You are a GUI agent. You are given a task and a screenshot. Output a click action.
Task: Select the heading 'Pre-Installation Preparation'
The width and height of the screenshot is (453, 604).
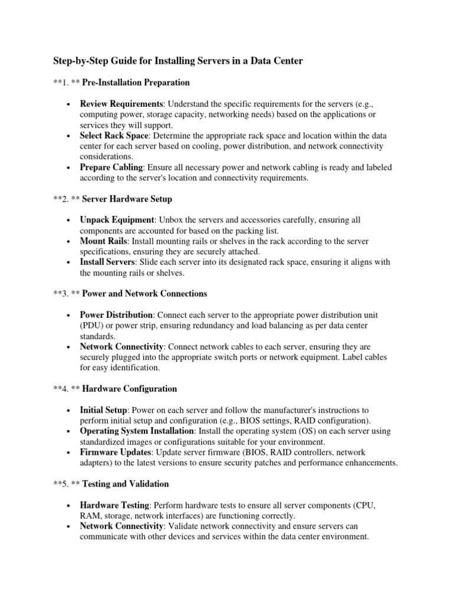click(x=136, y=82)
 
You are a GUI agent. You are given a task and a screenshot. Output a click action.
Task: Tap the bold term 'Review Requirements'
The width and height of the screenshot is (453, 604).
click(x=122, y=103)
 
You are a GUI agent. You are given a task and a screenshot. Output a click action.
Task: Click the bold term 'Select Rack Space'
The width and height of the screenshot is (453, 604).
click(x=114, y=135)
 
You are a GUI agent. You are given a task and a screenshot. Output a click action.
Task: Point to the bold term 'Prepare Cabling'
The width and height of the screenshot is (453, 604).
click(x=111, y=167)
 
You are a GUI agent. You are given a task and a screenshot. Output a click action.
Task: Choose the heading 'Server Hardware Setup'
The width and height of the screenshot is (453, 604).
click(x=127, y=199)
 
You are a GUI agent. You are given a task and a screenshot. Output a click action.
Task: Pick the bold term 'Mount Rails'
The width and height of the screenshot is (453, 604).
click(x=104, y=241)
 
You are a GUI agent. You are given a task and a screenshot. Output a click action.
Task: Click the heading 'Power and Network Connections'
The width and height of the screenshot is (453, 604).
click(x=145, y=293)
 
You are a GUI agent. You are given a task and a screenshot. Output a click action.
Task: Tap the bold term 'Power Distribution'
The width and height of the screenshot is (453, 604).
click(x=117, y=314)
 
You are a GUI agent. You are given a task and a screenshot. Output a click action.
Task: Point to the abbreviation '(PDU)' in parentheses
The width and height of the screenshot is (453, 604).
click(x=92, y=325)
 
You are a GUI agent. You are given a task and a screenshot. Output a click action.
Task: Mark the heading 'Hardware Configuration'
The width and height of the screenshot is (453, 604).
click(x=130, y=389)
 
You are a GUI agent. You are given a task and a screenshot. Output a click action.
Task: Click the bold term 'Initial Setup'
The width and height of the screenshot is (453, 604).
click(x=103, y=410)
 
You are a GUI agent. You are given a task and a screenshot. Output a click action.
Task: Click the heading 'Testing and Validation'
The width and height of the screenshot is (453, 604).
click(x=126, y=484)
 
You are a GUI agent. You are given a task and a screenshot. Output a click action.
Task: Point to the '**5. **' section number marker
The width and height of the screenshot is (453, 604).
click(x=66, y=484)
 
